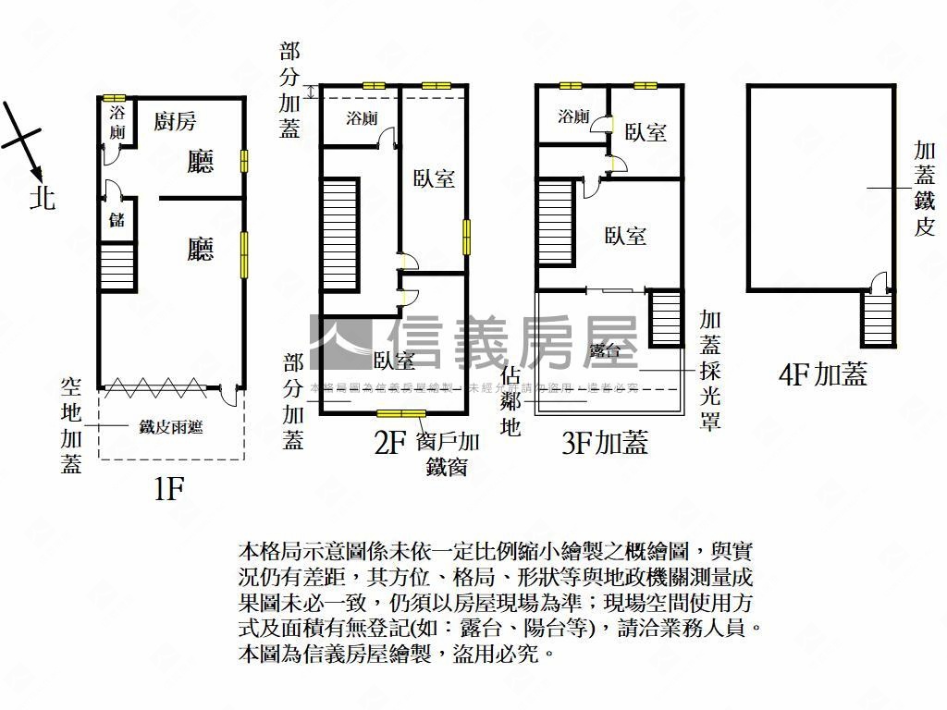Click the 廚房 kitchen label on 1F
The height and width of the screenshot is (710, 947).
click(x=175, y=120)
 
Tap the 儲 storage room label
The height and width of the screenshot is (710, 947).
click(x=117, y=222)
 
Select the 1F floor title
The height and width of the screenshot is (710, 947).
click(x=170, y=489)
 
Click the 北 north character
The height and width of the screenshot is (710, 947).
click(x=42, y=197)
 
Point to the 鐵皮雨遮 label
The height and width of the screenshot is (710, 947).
click(x=171, y=426)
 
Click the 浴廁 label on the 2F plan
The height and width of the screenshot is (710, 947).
click(x=361, y=118)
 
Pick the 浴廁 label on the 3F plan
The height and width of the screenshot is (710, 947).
click(x=573, y=116)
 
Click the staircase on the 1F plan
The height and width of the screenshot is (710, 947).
click(x=117, y=265)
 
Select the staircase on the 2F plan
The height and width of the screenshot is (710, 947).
click(x=339, y=224)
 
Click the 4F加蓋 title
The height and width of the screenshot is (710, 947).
click(x=823, y=374)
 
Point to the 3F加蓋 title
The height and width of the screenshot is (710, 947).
click(x=605, y=443)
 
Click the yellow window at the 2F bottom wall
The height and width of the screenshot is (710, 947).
click(x=400, y=413)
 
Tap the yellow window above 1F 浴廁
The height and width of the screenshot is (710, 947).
click(x=114, y=98)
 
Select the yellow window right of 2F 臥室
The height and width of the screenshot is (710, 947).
click(x=465, y=237)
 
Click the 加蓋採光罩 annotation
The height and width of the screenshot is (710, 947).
click(x=710, y=370)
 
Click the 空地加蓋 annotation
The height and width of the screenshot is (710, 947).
click(x=72, y=423)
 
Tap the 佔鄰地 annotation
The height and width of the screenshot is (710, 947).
click(x=510, y=401)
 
